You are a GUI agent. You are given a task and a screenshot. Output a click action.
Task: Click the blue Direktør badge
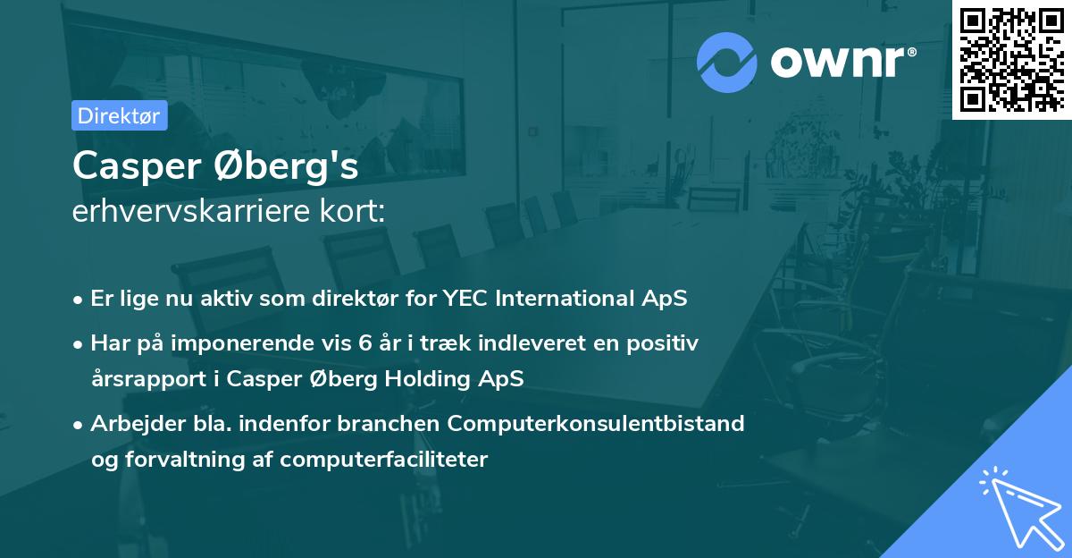(119, 115)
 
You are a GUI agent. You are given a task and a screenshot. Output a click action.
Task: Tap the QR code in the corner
(1011, 59)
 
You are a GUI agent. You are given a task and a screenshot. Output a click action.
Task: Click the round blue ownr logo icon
(727, 62)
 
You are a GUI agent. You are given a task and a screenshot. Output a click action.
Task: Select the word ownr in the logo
(840, 62)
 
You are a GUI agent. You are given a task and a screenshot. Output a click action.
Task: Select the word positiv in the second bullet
(666, 342)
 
